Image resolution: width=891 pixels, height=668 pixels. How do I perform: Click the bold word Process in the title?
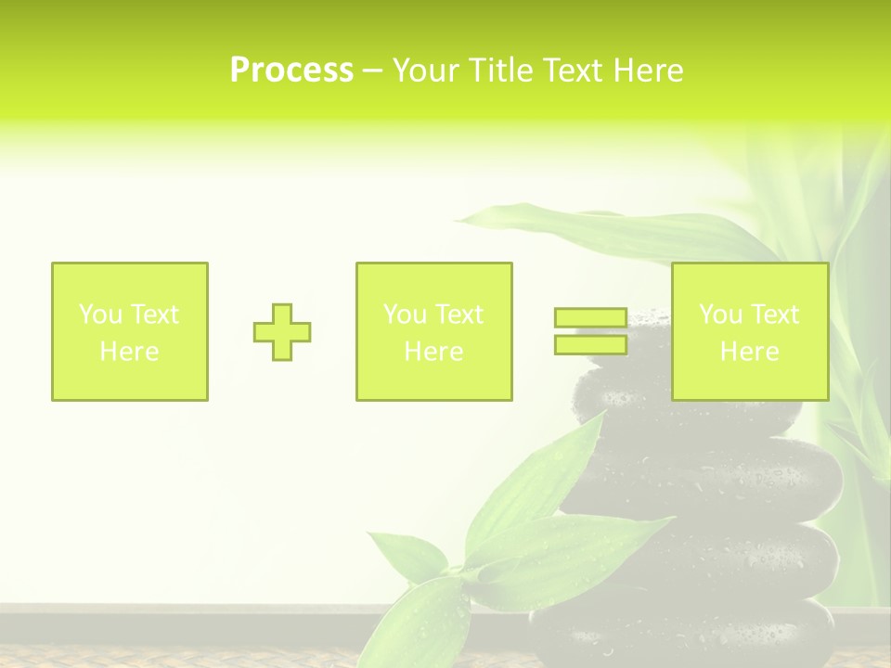[291, 71]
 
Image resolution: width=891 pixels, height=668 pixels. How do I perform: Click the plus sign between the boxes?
[282, 332]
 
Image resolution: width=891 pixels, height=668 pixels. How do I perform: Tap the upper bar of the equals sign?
[590, 317]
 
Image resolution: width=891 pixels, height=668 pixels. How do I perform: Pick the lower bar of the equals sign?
[590, 344]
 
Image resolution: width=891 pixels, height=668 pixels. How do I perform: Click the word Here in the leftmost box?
[129, 352]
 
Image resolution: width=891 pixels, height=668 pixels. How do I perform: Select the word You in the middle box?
[404, 315]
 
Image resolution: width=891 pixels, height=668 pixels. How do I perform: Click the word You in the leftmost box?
[99, 315]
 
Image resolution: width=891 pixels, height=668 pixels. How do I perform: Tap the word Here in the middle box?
[433, 352]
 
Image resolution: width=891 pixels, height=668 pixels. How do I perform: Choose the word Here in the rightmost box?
[749, 352]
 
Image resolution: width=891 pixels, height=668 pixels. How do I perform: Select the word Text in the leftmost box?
[154, 315]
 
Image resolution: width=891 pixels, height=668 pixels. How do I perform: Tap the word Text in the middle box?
[458, 315]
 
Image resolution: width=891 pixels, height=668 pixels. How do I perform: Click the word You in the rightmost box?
[719, 315]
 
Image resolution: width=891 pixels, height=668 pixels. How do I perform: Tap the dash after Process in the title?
[373, 71]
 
